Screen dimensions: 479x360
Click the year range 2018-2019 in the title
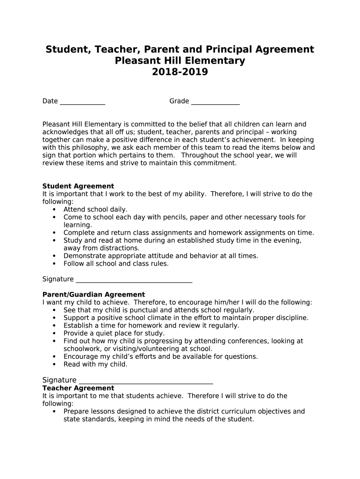pos(180,73)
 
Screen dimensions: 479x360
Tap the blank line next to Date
pos(82,102)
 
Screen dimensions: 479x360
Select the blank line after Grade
pos(215,102)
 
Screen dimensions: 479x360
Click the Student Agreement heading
pos(78,186)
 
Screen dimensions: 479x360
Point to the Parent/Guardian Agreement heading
pos(94,295)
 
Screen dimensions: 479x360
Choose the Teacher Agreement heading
pos(78,388)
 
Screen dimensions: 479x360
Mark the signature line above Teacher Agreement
pos(146,381)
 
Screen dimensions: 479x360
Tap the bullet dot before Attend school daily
pos(54,210)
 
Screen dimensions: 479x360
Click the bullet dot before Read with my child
pos(54,364)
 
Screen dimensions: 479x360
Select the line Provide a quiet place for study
pos(114,334)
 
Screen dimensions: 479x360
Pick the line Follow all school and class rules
pos(116,264)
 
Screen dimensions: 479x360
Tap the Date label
pos(50,101)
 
